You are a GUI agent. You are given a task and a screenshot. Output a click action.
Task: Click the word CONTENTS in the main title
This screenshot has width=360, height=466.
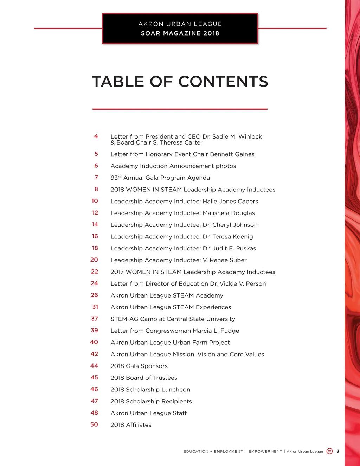[223, 82]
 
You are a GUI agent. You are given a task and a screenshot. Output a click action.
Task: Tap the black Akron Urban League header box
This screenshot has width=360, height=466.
[180, 28]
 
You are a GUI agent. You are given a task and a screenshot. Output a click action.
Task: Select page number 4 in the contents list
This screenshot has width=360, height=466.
[96, 136]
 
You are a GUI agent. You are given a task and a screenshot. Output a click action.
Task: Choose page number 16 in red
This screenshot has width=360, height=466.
[95, 236]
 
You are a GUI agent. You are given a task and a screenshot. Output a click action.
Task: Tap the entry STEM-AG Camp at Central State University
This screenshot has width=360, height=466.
[173, 319]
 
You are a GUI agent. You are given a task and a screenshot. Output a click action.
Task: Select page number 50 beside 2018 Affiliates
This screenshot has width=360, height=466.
[94, 424]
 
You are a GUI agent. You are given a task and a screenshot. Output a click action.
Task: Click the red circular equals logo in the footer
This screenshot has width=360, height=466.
[329, 451]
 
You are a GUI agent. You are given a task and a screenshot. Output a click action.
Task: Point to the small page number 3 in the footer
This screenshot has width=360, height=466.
[338, 451]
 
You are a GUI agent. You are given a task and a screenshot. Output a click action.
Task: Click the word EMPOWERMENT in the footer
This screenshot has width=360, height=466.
[265, 451]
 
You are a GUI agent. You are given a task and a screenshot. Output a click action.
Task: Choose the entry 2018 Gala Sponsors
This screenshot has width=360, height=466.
[139, 366]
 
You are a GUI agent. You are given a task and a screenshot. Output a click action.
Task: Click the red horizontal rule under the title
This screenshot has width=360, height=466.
[180, 109]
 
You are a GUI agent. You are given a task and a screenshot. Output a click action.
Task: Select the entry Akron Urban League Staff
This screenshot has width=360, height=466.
[148, 413]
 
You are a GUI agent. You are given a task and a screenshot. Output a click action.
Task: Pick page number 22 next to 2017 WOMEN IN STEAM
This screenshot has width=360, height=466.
[95, 272]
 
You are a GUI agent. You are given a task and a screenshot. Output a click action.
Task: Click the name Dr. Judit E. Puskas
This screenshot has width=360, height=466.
[229, 248]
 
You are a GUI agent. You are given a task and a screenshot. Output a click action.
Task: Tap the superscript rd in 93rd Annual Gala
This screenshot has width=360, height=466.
[120, 177]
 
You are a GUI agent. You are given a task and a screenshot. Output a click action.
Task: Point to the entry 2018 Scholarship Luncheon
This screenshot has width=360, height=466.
[150, 390]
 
